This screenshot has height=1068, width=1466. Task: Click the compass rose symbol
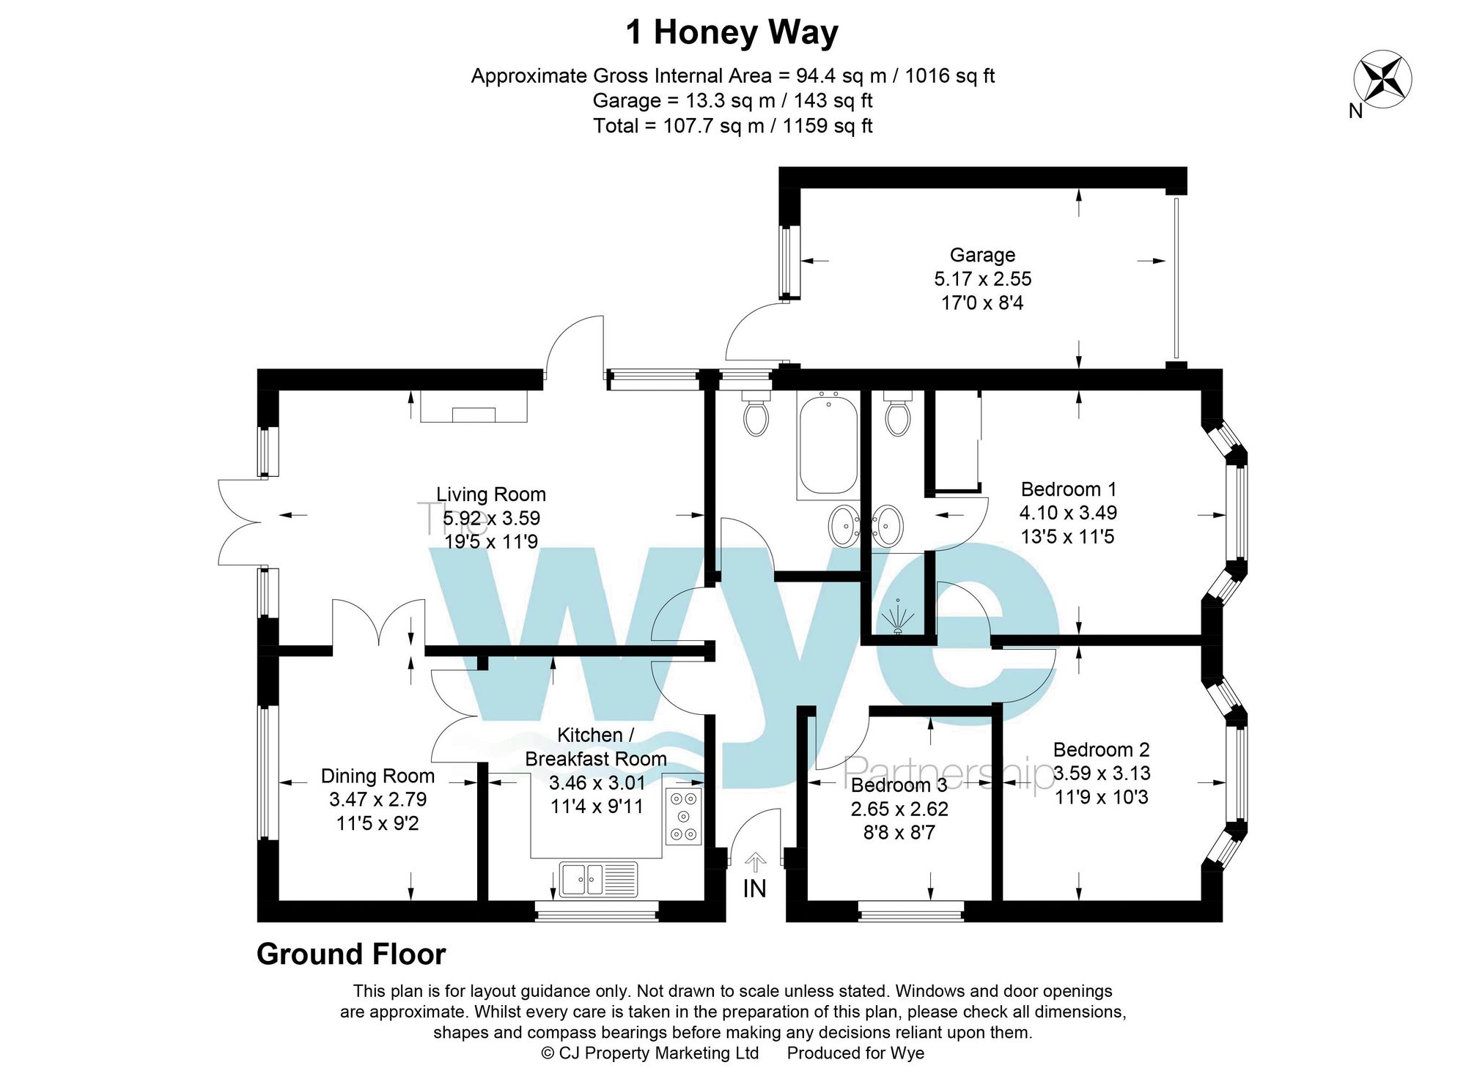pyautogui.click(x=1382, y=80)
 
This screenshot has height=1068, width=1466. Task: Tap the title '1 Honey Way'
pyautogui.click(x=732, y=33)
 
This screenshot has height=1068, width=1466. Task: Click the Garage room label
pyautogui.click(x=982, y=255)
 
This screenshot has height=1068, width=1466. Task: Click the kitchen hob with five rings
pyautogui.click(x=683, y=816)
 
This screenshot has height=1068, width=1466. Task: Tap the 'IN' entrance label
pyautogui.click(x=754, y=889)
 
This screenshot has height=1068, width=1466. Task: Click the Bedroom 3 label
pyautogui.click(x=899, y=785)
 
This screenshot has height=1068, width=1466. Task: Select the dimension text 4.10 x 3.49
pyautogui.click(x=1068, y=513)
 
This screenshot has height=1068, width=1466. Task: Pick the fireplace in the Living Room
pyautogui.click(x=474, y=407)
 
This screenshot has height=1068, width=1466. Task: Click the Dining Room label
pyautogui.click(x=377, y=776)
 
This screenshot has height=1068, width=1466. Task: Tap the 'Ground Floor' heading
pyautogui.click(x=351, y=954)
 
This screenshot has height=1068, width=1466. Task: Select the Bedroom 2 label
pyautogui.click(x=1101, y=749)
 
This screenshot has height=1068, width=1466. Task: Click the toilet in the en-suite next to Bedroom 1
pyautogui.click(x=897, y=415)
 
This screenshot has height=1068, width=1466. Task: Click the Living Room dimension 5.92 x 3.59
pyautogui.click(x=491, y=518)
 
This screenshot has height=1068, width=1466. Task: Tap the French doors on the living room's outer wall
pyautogui.click(x=240, y=522)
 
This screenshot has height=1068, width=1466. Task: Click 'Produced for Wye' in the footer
pyautogui.click(x=855, y=1053)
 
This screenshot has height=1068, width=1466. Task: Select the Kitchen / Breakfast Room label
pyautogui.click(x=595, y=746)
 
